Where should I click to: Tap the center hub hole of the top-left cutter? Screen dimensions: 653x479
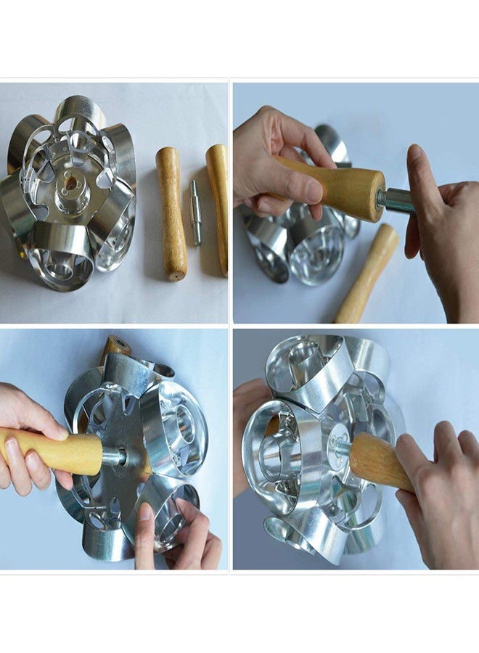(x=70, y=184)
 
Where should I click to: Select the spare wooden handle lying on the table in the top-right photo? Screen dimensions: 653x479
(x=368, y=273)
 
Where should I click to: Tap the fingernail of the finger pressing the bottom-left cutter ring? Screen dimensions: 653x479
(x=145, y=512)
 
